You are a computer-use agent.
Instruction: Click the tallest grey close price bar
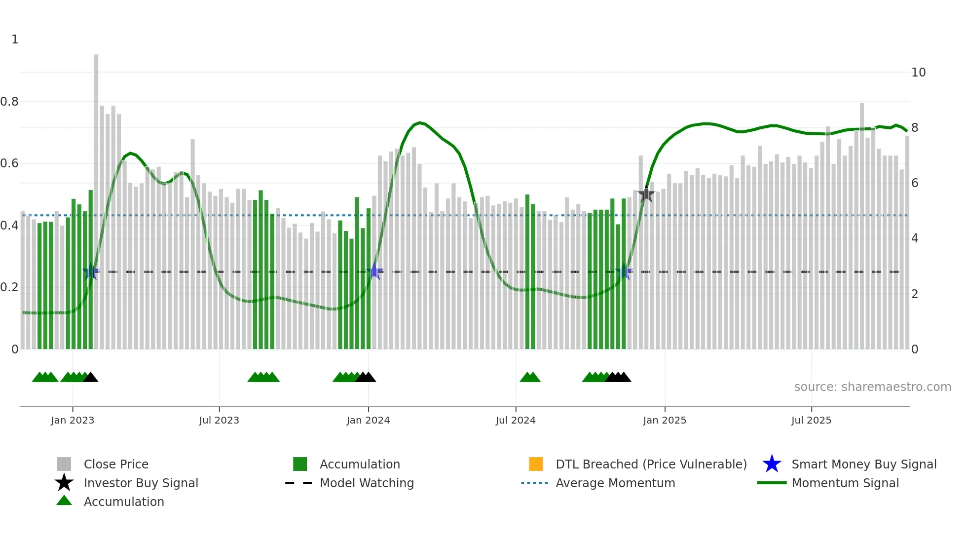point(96,197)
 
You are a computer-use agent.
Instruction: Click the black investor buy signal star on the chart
point(646,195)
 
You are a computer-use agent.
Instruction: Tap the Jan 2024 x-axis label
point(368,420)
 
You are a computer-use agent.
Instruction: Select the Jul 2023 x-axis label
point(219,420)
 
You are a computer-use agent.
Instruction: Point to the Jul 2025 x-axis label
point(811,420)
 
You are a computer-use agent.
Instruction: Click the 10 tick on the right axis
point(918,73)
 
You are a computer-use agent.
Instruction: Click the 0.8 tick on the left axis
point(9,102)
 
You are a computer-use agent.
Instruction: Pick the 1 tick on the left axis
point(15,39)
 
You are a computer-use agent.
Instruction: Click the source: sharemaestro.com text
point(872,387)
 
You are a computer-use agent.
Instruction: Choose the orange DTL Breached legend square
point(536,464)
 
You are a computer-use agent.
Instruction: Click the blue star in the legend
point(772,464)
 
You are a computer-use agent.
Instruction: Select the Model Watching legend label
point(367,483)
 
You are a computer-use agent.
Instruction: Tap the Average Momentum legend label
point(615,483)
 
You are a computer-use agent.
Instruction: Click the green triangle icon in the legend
point(64,501)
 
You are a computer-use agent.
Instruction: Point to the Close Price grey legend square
point(64,464)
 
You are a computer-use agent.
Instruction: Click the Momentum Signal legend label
point(845,483)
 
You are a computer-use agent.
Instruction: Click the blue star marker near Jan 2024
point(375,272)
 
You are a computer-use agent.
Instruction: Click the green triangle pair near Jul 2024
point(530,377)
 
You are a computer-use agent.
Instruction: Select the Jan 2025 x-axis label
point(665,420)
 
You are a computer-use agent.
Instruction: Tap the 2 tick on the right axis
point(915,294)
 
